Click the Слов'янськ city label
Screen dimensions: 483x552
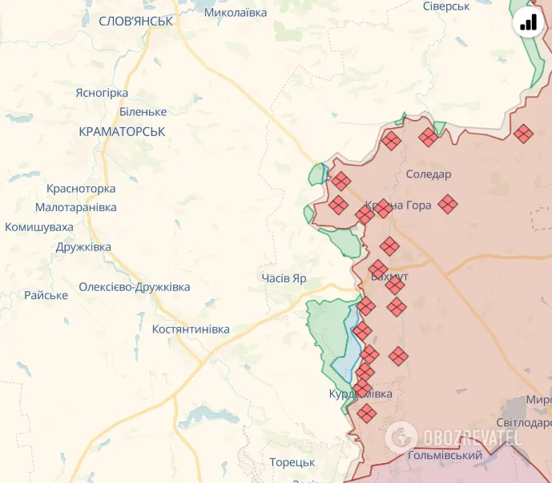135,21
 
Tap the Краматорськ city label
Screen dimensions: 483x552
122,131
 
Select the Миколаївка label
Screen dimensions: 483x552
236,13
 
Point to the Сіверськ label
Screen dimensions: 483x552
446,6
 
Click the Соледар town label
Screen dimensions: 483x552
429,174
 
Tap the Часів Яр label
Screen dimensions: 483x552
284,278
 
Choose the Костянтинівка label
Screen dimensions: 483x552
191,329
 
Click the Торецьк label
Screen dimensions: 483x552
292,462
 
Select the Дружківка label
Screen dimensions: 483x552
83,247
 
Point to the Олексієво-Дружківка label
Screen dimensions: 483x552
134,287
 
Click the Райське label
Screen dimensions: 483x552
46,295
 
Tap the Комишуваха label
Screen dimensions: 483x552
39,227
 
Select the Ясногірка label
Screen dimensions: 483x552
102,93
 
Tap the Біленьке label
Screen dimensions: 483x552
143,112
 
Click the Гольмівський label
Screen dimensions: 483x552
445,456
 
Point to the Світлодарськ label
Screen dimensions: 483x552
523,422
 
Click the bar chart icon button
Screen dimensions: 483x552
528,22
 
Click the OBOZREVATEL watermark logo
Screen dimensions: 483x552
453,437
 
